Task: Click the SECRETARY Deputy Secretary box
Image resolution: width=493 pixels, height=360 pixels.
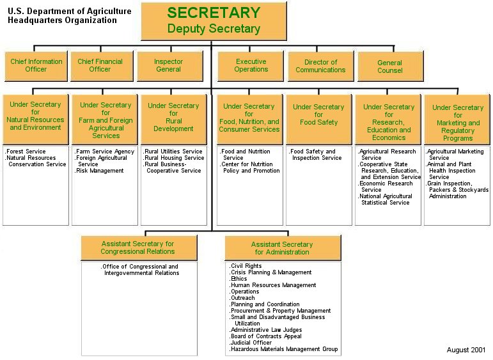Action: [x=213, y=21]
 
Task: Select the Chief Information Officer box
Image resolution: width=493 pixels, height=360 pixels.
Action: [x=36, y=65]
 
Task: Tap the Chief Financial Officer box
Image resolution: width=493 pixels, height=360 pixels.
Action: [x=103, y=65]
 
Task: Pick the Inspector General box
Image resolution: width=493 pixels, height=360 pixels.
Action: [x=169, y=65]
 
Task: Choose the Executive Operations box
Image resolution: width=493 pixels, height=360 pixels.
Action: [x=251, y=65]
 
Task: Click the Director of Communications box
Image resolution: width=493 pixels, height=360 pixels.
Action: [x=320, y=65]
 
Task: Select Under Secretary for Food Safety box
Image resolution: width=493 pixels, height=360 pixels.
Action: [x=318, y=118]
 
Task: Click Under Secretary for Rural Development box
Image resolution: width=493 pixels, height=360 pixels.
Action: [x=173, y=118]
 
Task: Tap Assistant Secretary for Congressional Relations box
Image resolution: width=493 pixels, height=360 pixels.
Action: [x=137, y=247]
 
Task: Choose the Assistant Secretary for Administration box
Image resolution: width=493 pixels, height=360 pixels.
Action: [x=282, y=248]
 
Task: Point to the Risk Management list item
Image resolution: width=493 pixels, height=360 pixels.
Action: [x=100, y=171]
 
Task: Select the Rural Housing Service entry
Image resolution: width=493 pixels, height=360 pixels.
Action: [x=174, y=158]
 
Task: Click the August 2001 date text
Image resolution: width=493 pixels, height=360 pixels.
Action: [x=466, y=350]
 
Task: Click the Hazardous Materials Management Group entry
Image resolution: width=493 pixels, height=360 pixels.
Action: [x=284, y=349]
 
